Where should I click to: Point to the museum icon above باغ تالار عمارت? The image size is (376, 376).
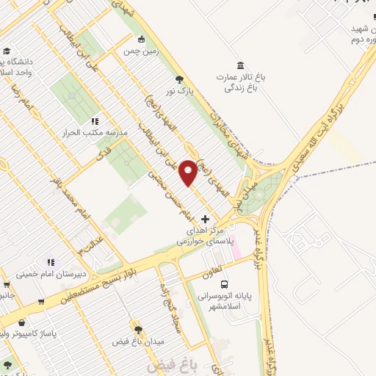point(241,65)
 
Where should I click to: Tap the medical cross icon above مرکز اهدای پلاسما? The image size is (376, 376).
point(205,219)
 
